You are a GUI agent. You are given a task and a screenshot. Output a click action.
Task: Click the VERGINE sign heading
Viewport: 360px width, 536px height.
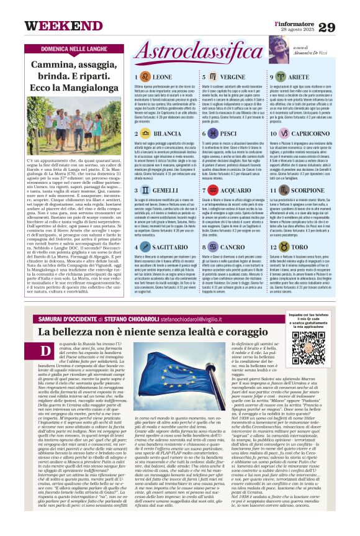[233, 76]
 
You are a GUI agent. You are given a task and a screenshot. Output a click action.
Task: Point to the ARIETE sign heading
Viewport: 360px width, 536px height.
[299, 76]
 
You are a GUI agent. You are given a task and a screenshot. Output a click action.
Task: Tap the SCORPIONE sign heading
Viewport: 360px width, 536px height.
[304, 190]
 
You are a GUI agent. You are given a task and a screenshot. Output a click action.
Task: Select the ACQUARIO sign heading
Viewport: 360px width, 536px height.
[236, 190]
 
